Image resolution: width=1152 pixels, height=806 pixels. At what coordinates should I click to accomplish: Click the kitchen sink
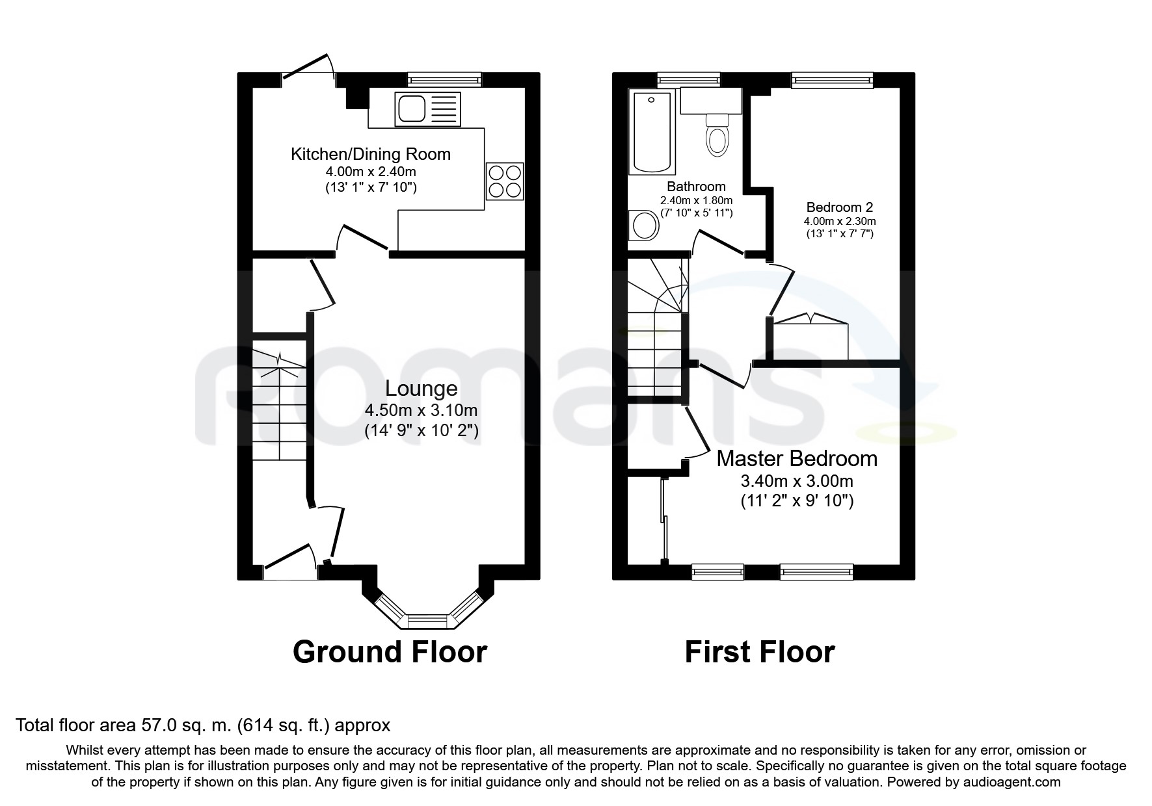(427, 109)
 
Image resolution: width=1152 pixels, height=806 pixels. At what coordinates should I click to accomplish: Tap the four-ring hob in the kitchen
(505, 181)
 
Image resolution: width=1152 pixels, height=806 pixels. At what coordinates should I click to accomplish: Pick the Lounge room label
(422, 389)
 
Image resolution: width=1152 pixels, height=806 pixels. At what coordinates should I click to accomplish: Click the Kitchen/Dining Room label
(371, 154)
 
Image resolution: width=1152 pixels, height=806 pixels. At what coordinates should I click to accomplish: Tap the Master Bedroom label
(797, 459)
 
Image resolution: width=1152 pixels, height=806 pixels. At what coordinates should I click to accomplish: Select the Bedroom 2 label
(840, 207)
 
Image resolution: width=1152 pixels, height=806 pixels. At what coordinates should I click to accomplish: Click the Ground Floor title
(390, 651)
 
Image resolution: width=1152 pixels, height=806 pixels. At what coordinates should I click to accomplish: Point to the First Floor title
(760, 651)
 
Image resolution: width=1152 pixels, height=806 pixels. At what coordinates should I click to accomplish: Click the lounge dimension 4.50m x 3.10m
(422, 411)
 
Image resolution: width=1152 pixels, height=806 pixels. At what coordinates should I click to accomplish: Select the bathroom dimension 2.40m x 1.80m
(697, 200)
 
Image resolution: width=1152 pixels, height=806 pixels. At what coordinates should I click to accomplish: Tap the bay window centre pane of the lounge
(427, 620)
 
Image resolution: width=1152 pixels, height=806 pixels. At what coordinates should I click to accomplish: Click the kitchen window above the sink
(445, 80)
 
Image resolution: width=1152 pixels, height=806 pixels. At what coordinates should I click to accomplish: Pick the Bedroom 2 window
(832, 80)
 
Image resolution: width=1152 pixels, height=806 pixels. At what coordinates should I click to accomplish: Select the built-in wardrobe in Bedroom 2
(810, 338)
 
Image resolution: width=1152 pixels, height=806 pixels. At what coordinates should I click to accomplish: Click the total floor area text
(202, 725)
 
